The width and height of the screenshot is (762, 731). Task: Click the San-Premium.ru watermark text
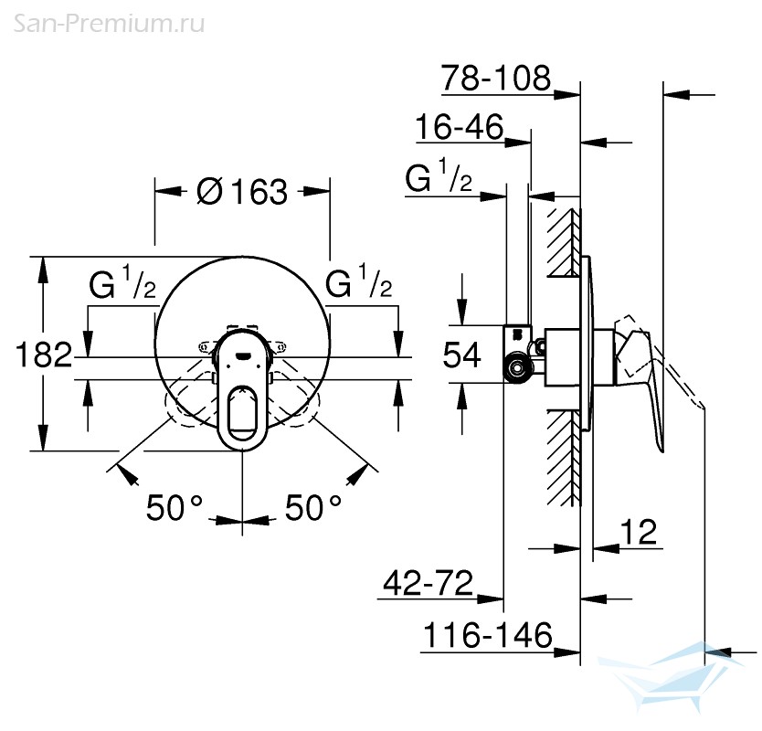(109, 24)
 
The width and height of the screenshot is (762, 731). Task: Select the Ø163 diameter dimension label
(242, 192)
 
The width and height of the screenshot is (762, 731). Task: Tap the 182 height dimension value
(44, 355)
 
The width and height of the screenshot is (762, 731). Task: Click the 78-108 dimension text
(496, 78)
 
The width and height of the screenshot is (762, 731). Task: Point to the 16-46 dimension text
(460, 127)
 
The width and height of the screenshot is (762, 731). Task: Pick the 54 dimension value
(461, 355)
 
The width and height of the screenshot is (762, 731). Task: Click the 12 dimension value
(639, 532)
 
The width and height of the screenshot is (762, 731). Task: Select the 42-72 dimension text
(428, 583)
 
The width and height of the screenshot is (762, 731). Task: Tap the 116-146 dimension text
(487, 635)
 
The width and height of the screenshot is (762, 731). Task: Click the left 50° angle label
(174, 508)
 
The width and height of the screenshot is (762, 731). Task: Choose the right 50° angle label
(313, 508)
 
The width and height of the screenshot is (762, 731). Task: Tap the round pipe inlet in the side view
(516, 369)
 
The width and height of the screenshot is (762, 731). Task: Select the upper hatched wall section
(565, 242)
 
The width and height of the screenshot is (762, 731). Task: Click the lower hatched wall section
(565, 458)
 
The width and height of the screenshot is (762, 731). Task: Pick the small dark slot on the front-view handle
(242, 355)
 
